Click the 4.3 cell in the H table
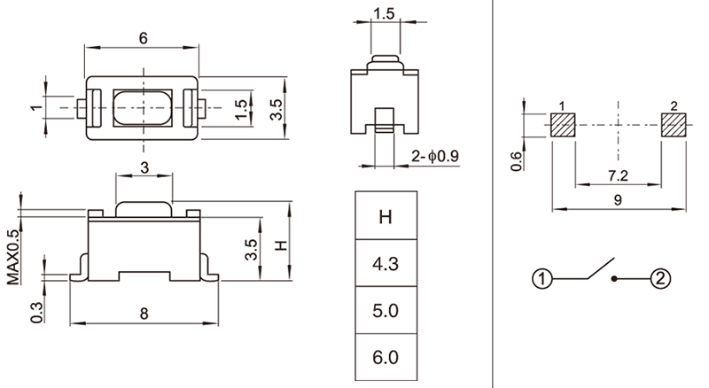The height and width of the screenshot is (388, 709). (386, 263)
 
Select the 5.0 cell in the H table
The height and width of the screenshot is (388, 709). (386, 310)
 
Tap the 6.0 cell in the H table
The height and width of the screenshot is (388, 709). (386, 357)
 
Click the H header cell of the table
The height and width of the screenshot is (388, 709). (386, 215)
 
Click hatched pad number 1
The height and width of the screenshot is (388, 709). (563, 125)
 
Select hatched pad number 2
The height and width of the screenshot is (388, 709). (674, 125)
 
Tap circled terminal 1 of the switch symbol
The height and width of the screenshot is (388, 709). (542, 278)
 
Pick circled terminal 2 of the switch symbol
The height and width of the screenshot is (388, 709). (660, 278)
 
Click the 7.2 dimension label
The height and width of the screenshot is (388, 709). (618, 175)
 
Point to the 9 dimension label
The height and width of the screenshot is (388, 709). (618, 200)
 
